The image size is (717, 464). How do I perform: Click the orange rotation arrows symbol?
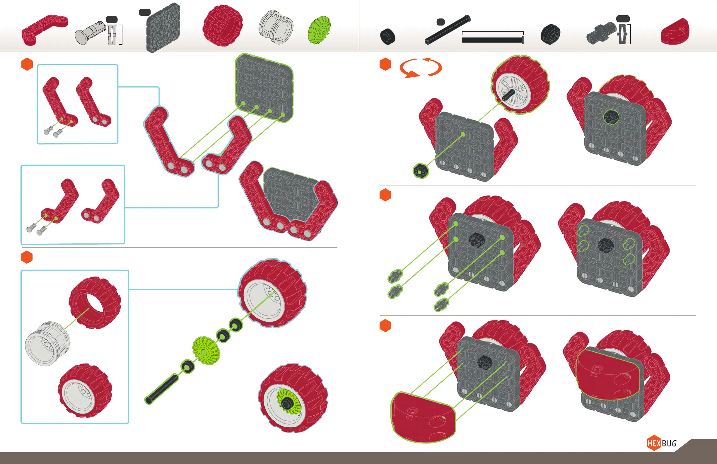click(421, 68)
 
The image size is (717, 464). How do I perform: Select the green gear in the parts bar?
click(319, 30)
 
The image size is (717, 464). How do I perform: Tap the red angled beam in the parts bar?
click(45, 30)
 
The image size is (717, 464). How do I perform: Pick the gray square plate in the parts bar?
click(163, 28)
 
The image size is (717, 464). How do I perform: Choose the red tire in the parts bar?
click(223, 25)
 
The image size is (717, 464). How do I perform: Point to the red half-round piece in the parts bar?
click(675, 32)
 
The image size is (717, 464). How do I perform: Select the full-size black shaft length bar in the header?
click(493, 40)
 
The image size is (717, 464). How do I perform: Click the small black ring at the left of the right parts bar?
click(388, 37)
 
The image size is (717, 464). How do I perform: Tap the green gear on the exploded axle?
click(206, 350)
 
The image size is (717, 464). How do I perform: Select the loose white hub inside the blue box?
click(48, 344)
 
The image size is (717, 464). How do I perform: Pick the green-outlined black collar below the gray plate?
click(421, 171)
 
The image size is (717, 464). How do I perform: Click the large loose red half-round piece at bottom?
click(423, 418)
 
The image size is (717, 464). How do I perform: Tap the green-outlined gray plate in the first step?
click(264, 88)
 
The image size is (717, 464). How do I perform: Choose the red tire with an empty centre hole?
click(95, 303)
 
